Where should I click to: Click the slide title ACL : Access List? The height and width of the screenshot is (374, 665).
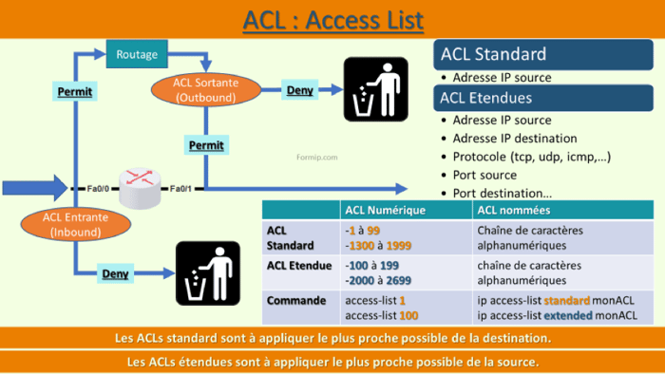pyautogui.click(x=332, y=19)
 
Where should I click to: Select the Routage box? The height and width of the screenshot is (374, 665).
pyautogui.click(x=137, y=54)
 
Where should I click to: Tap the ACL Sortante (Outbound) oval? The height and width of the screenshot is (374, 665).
pyautogui.click(x=206, y=90)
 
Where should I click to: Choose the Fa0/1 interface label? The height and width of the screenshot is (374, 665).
pyautogui.click(x=180, y=189)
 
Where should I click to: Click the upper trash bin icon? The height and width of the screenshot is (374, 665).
pyautogui.click(x=375, y=89)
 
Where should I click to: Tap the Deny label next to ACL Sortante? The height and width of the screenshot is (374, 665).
pyautogui.click(x=299, y=91)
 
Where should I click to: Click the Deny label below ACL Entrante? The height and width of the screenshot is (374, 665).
pyautogui.click(x=116, y=275)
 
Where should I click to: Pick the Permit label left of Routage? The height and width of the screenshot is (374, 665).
pyautogui.click(x=75, y=92)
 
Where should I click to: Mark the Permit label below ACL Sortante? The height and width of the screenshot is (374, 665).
pyautogui.click(x=206, y=145)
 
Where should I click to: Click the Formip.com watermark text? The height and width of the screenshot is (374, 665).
pyautogui.click(x=317, y=158)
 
